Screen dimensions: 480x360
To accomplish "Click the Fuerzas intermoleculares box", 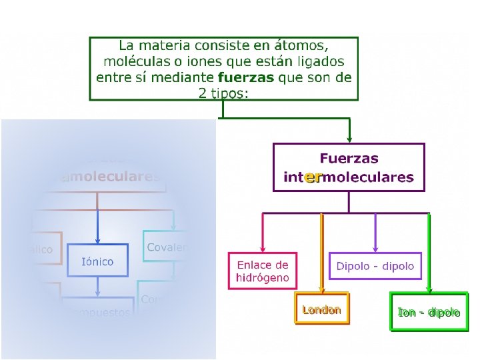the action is point(349,167).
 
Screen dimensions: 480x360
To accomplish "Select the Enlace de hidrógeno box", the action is point(263,271).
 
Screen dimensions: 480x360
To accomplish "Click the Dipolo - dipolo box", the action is point(375,266).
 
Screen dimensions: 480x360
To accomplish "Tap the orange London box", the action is point(321,309).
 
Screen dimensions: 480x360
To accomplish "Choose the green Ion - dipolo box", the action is point(429,312).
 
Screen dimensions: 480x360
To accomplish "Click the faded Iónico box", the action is point(97,261).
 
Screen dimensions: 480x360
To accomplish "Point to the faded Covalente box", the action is point(167,247).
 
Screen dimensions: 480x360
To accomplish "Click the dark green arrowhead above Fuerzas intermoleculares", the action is point(349,139).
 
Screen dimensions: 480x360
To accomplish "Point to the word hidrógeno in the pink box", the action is point(263,278).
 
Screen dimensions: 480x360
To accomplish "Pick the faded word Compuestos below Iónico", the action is point(100,313).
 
